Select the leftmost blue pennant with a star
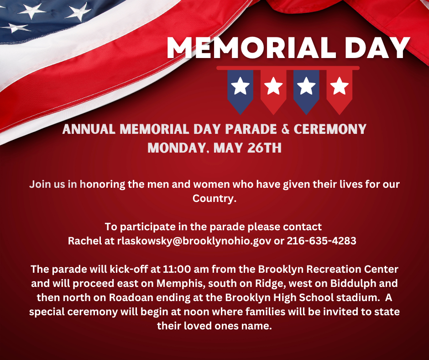tap(240, 92)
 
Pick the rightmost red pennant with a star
tap(339, 92)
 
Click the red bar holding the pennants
tap(288, 68)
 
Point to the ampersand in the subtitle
tap(285, 129)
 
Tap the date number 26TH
tap(264, 148)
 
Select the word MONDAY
tap(177, 148)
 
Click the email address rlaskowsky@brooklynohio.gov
tap(194, 241)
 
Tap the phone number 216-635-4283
tap(321, 241)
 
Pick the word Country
tap(214, 198)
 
